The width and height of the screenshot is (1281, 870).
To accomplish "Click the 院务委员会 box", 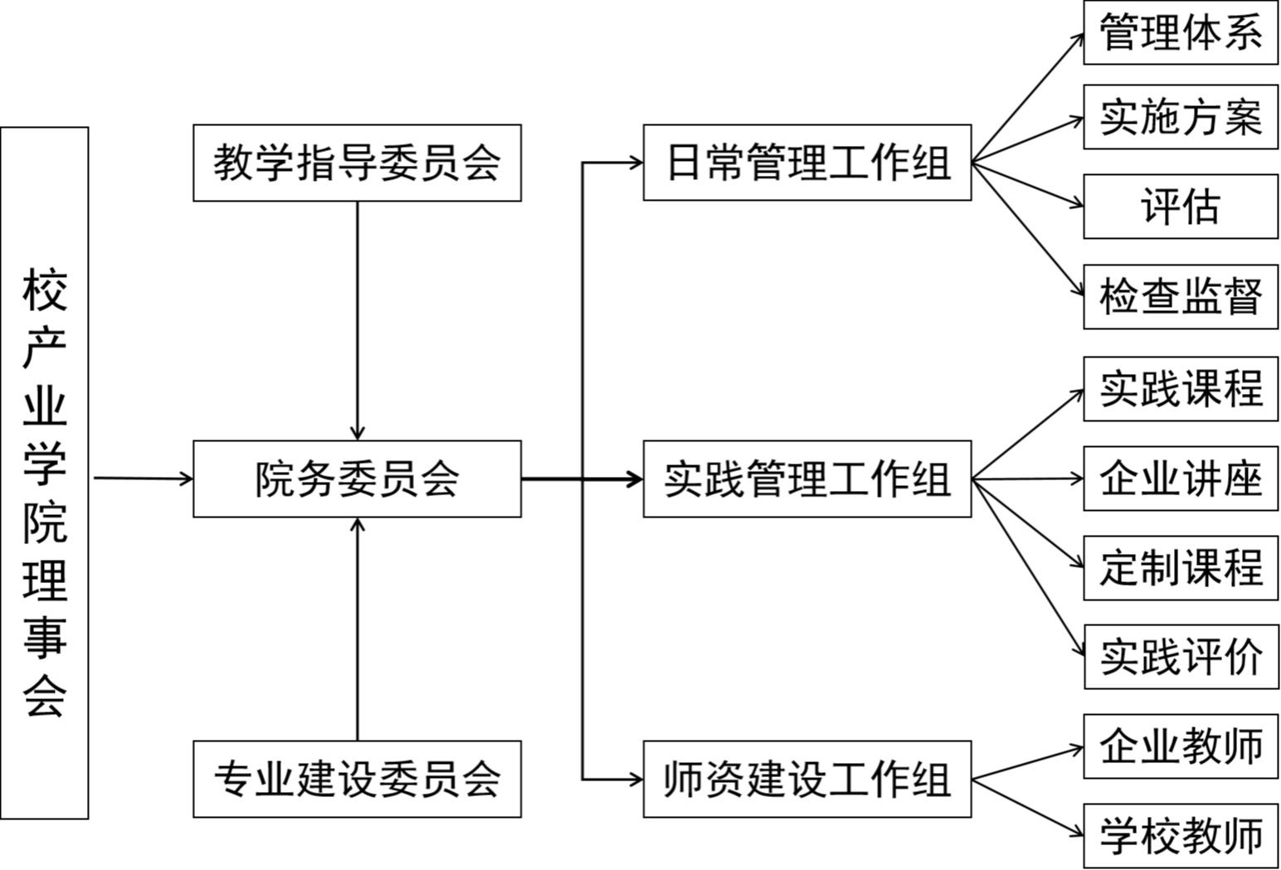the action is tap(357, 479).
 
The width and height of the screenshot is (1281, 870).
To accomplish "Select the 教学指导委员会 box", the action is tap(357, 163).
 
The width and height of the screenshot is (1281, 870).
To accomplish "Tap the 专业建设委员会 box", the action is tap(357, 779).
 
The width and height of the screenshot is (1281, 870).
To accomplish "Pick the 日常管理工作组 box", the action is tap(807, 163).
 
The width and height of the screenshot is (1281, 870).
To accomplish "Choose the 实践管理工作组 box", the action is tap(807, 479).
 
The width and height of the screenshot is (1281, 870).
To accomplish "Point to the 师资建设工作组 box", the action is tap(807, 779).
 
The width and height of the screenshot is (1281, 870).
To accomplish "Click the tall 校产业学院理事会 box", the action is tap(45, 473).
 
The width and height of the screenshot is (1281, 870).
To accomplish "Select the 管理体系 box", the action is tap(1181, 32).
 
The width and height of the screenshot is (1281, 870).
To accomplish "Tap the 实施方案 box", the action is tap(1181, 117).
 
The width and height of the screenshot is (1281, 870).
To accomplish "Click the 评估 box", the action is tap(1181, 207).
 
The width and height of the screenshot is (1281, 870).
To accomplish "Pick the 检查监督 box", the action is tap(1181, 297).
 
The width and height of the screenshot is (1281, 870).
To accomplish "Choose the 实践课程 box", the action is tap(1181, 389).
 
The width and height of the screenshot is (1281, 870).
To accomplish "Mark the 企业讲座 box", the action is tap(1181, 479).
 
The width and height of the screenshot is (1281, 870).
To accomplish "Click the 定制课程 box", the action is tap(1181, 568).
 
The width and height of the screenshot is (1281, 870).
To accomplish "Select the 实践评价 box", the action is tap(1181, 657).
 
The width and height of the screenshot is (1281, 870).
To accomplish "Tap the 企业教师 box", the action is tap(1181, 746).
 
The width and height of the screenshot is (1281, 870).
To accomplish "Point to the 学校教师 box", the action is tap(1181, 836).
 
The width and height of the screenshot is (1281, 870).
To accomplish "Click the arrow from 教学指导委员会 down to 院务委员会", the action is tap(358, 321).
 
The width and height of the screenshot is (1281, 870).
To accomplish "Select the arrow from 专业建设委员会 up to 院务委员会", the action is tap(358, 629).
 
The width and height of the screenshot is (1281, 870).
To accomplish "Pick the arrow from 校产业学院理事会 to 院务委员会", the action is tap(144, 479).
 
